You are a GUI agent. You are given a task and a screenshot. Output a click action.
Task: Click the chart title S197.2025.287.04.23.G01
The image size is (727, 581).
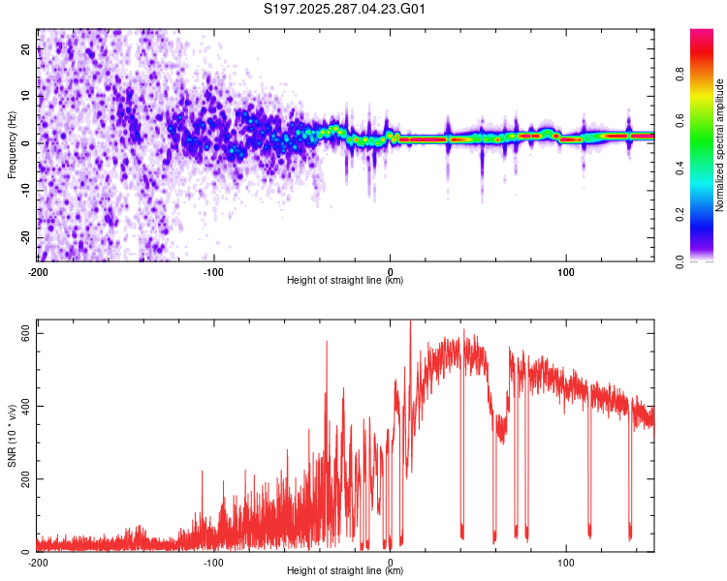pyautogui.click(x=344, y=9)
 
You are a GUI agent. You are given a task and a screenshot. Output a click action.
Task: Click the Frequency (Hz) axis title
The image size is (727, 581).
pyautogui.click(x=12, y=145)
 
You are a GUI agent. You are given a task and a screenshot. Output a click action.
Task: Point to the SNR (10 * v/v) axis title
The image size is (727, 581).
pyautogui.click(x=12, y=436)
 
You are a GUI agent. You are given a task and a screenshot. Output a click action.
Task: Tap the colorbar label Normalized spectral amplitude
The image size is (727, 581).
pyautogui.click(x=719, y=145)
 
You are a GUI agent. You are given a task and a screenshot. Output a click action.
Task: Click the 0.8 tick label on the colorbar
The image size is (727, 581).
pyautogui.click(x=680, y=75)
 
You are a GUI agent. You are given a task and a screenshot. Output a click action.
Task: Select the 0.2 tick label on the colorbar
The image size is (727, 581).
pyautogui.click(x=680, y=215)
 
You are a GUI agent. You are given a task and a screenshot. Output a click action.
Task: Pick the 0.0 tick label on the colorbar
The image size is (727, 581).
pyautogui.click(x=680, y=261)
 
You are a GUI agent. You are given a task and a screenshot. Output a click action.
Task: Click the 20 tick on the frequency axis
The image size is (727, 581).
pyautogui.click(x=26, y=49)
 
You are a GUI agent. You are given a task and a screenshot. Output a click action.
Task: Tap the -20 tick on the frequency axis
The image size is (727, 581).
pyautogui.click(x=26, y=238)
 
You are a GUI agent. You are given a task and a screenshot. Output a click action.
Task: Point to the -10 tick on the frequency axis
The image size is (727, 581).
pyautogui.click(x=26, y=191)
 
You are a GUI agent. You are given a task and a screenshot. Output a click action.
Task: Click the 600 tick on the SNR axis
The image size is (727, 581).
pyautogui.click(x=26, y=333)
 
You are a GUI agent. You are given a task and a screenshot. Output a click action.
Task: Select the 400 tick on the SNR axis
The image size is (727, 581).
pyautogui.click(x=26, y=406)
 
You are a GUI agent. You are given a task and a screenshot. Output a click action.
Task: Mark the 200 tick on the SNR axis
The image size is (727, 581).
pyautogui.click(x=26, y=478)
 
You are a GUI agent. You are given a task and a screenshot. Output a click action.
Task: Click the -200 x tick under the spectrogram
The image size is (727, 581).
pyautogui.click(x=38, y=272)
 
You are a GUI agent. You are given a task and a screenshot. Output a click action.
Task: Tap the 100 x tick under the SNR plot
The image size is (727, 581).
pyautogui.click(x=566, y=563)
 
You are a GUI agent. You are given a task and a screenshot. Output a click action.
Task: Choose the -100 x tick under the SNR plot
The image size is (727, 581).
pyautogui.click(x=213, y=563)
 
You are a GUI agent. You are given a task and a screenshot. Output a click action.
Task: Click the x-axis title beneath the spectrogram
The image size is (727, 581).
pyautogui.click(x=345, y=280)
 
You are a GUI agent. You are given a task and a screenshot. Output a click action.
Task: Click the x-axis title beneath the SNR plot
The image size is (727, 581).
pyautogui.click(x=345, y=570)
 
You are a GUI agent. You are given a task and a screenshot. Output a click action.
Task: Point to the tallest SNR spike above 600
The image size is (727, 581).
pyautogui.click(x=410, y=321)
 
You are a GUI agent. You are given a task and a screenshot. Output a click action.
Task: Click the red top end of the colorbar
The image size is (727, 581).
pyautogui.click(x=702, y=32)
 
